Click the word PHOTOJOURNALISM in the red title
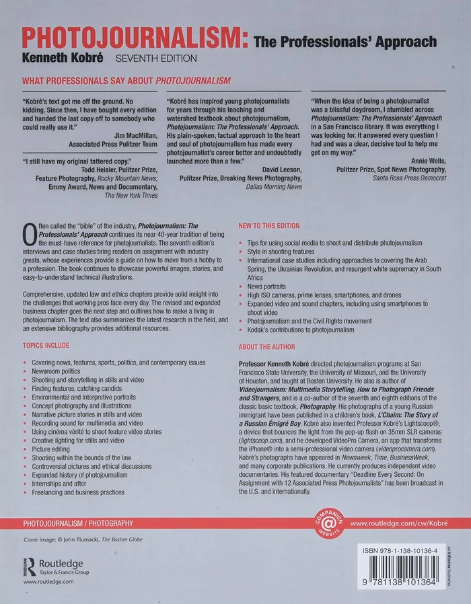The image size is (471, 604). pyautogui.click(x=135, y=40)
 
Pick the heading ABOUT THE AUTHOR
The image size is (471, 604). pyautogui.click(x=267, y=347)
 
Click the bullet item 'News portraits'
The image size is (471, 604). pyautogui.click(x=266, y=286)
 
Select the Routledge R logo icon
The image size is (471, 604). pyautogui.click(x=30, y=566)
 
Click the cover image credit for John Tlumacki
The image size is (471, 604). pyautogui.click(x=83, y=539)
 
